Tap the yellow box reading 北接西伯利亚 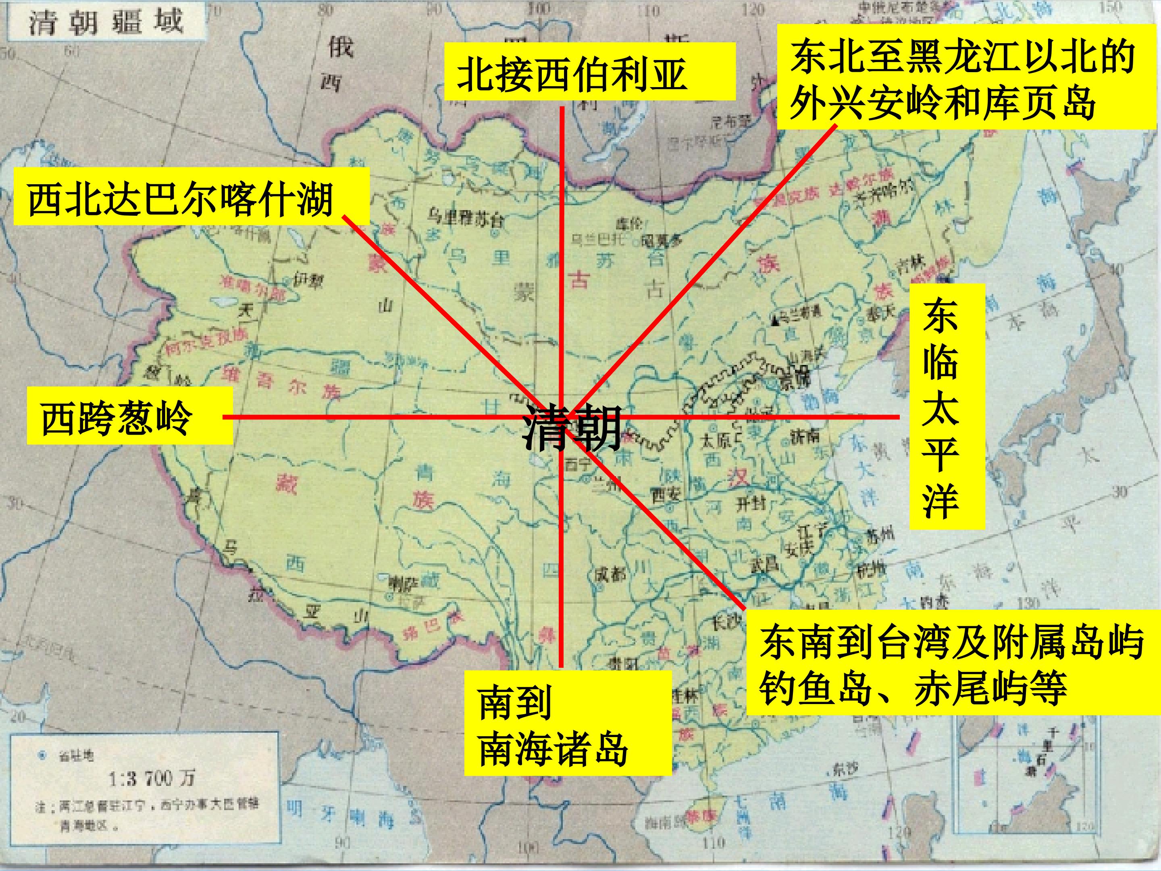(589, 72)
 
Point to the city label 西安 (666, 493)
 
